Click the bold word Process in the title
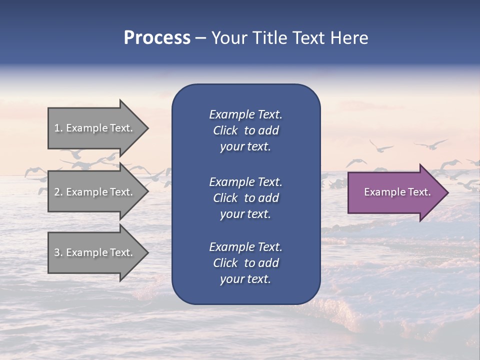157,38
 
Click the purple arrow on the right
395,192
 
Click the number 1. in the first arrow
58,128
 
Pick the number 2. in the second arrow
58,192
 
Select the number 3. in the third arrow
58,252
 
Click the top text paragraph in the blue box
245,130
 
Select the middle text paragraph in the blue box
245,198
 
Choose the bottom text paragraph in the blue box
245,263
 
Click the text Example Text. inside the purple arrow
397,192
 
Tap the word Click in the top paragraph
225,131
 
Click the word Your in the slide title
229,38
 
